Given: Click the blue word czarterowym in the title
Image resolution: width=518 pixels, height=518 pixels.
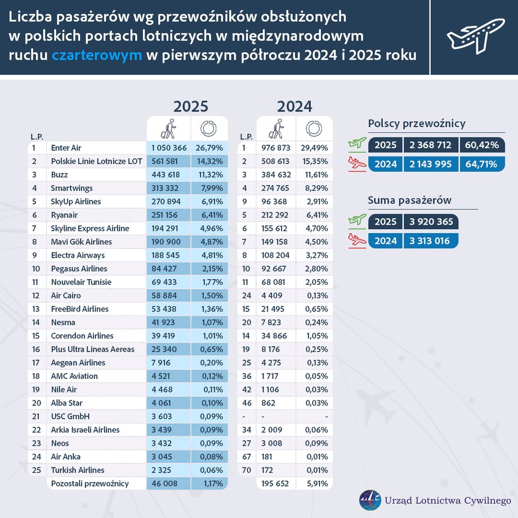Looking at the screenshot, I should coord(97,55).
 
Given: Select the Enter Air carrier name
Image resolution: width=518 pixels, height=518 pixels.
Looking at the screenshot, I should coord(66,148).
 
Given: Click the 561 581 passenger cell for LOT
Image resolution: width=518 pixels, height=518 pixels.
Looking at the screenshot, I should coord(167,161).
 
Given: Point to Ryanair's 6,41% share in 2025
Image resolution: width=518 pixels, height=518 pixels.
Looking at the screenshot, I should coord(209,215).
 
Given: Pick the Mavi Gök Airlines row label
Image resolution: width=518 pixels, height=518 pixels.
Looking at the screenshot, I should coord(81,242).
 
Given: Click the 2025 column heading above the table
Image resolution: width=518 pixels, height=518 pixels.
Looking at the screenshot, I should coord(190,106).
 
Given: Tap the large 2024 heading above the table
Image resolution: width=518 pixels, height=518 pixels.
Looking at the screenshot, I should coord(294,106).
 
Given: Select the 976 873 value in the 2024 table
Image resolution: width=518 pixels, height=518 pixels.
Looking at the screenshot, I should coord(276,148).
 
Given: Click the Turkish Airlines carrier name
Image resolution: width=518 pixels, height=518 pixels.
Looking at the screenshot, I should coord(78,470).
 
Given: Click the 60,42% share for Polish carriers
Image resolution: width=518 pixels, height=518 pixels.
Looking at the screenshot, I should coord(482,145).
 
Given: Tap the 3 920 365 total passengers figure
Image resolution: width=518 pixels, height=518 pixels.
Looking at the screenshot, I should coord(430,221).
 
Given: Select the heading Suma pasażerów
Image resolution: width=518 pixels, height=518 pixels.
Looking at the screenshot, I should coord(409,200).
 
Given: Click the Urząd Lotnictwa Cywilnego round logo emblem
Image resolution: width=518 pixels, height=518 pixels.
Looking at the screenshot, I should coord(370,500).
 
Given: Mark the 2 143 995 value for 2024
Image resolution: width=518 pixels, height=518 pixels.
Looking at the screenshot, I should coord(430,164).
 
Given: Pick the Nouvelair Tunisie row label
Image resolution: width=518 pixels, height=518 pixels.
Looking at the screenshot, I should coord(81,282).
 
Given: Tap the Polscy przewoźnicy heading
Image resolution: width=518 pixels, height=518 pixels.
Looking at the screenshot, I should coord(417,124).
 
